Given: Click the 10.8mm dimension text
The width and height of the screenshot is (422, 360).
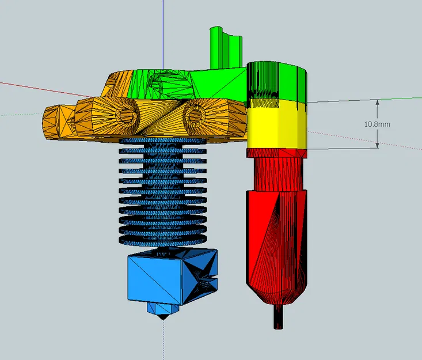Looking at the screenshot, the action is pos(377,124).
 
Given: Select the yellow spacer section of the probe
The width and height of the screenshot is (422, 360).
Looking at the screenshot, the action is pos(277,124).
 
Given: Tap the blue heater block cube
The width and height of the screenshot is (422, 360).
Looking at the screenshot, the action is pos(172,276).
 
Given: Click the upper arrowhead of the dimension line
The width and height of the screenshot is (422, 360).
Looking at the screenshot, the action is pos(377,103).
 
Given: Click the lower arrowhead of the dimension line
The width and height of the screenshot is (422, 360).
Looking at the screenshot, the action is pos(377,145).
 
